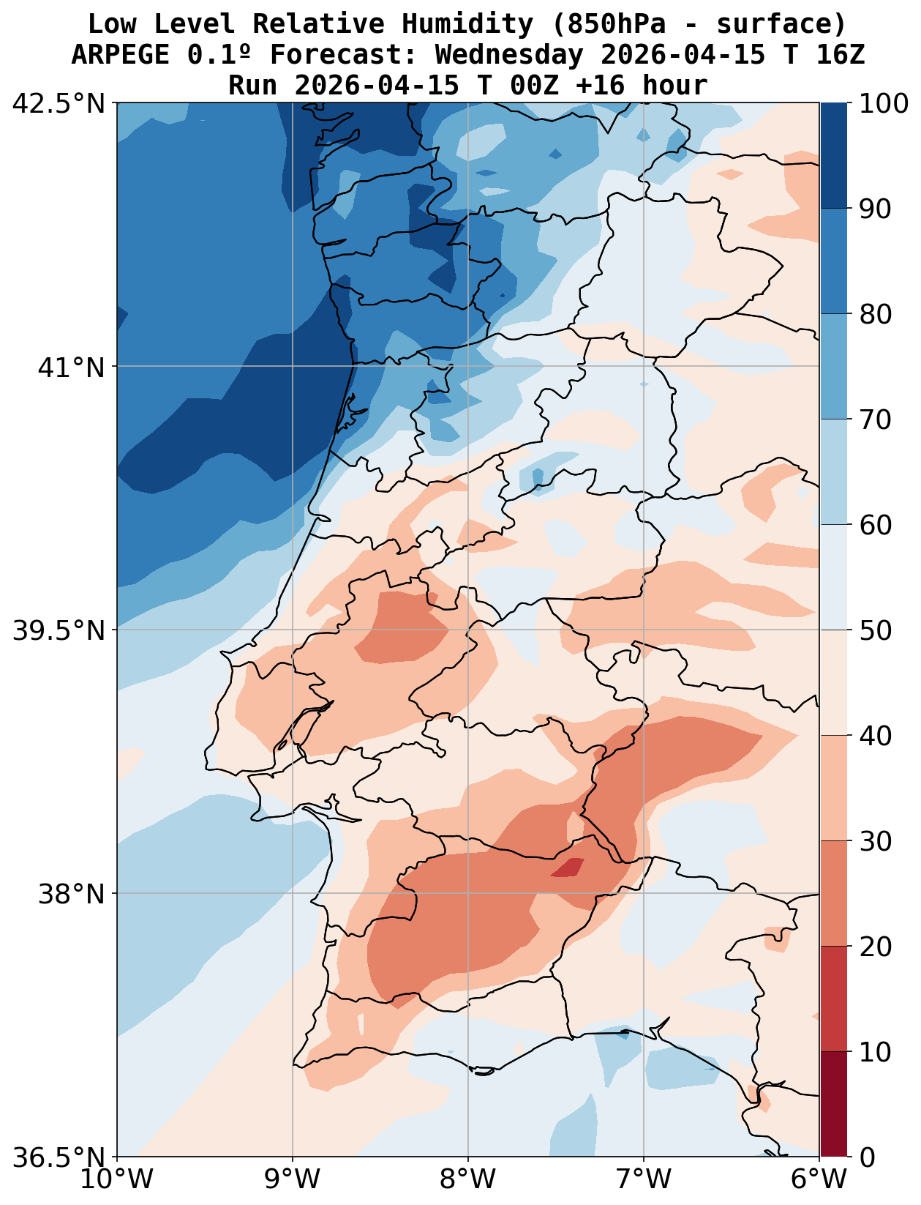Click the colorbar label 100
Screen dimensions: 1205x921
[884, 103]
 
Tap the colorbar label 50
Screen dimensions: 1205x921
[875, 630]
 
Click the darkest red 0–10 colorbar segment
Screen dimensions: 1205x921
[834, 1105]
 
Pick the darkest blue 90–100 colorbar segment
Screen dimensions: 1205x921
[834, 155]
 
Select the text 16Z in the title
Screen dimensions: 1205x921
[841, 55]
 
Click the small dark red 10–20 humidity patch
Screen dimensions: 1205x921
[568, 868]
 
